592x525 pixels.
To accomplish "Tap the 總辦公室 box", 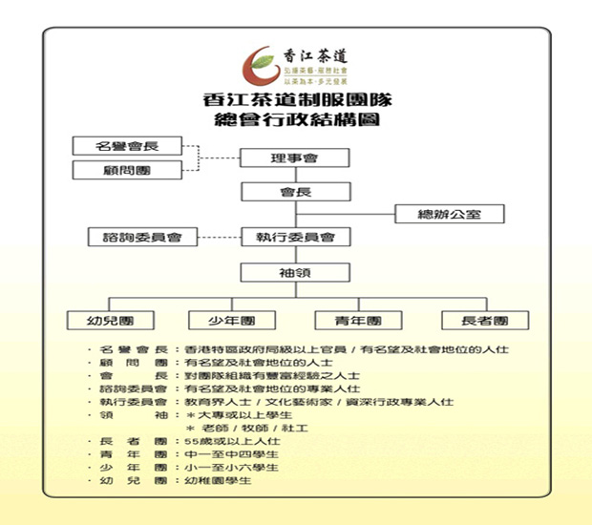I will tap(449, 214).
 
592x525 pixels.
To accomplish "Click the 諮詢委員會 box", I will tap(136, 236).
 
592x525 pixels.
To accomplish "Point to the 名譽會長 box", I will tap(127, 146).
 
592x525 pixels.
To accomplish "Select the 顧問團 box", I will tap(127, 170).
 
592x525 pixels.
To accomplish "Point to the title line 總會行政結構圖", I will tap(295, 120).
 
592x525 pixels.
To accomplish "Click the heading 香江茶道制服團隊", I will tap(295, 99).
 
